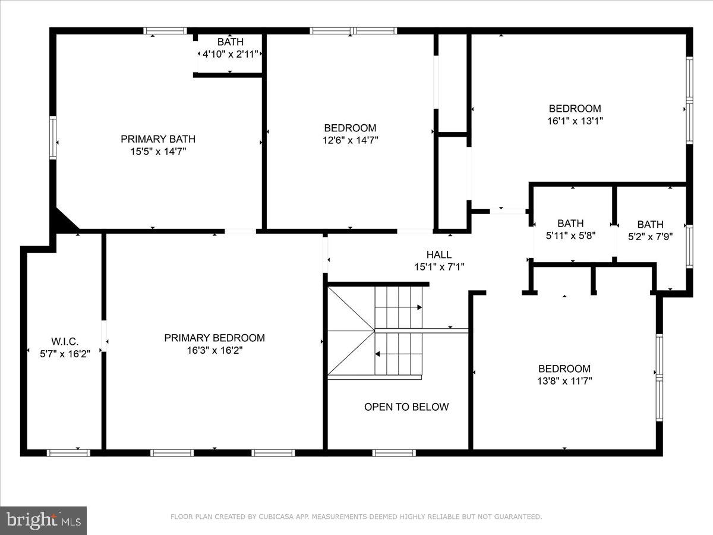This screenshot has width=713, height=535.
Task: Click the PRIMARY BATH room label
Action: pos(158,139)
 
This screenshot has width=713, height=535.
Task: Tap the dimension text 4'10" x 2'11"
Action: pos(230,54)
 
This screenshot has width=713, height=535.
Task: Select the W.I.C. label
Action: pos(65,341)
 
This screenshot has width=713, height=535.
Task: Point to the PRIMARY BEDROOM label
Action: pos(214,338)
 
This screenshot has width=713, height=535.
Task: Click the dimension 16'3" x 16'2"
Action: pos(214,351)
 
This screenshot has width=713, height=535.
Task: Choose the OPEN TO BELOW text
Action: pos(406,407)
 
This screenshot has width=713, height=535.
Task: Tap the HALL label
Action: pos(438,254)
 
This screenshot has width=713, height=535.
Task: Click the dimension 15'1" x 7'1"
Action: pos(438,267)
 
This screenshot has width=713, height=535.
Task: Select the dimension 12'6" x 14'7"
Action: pos(350,140)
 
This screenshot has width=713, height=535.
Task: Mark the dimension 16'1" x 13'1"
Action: pos(575,121)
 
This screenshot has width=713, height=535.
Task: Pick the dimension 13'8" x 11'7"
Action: pos(564,381)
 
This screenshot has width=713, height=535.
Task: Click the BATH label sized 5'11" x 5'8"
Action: pos(570,224)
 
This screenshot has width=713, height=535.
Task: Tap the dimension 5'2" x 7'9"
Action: pos(650,237)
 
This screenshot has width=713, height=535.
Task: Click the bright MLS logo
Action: pos(43,520)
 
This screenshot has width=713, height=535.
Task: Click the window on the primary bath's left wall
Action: pos(53,138)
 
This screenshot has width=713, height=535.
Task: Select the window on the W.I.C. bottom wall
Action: pos(68,453)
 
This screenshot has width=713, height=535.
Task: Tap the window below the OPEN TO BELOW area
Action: pos(394,453)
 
